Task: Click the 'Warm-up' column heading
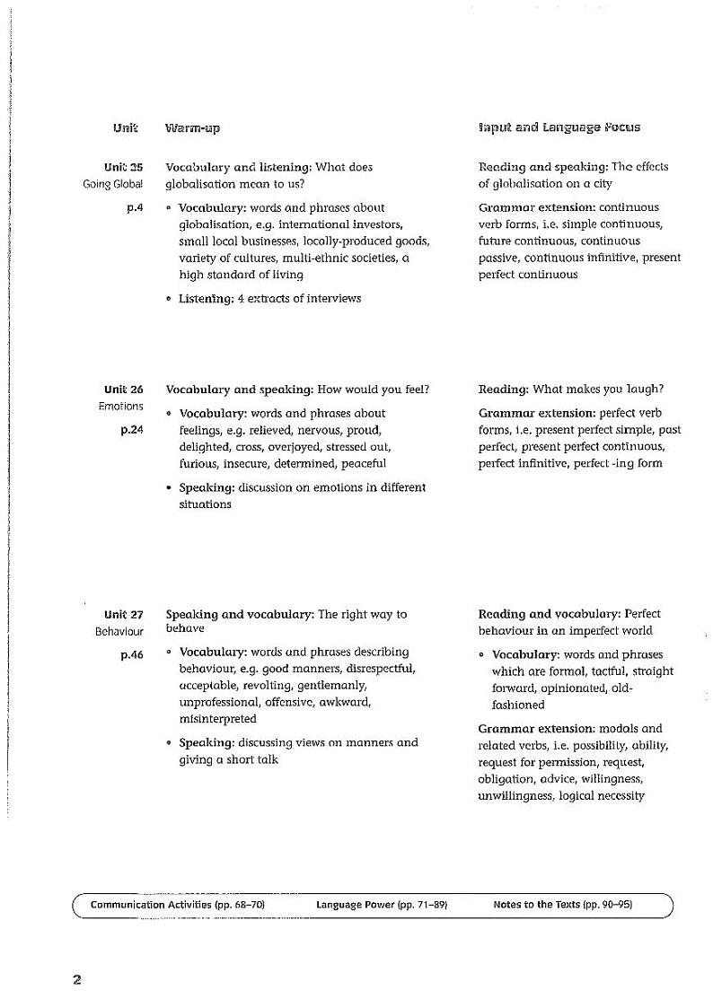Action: tap(192, 127)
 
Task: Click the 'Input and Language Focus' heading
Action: tap(559, 127)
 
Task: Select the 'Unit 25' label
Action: tap(123, 167)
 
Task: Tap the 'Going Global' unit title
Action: tap(112, 184)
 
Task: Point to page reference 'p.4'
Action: tap(135, 207)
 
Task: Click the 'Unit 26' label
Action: tap(123, 390)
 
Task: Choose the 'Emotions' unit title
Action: tap(120, 407)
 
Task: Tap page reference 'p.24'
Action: tap(131, 430)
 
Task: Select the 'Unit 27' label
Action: tap(123, 615)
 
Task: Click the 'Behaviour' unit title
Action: tap(119, 632)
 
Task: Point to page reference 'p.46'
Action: tap(131, 655)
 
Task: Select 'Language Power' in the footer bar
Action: tap(355, 905)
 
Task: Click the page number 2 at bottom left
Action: tap(77, 979)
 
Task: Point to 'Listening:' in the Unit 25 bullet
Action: tap(206, 299)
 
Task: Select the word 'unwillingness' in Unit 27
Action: tap(515, 796)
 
